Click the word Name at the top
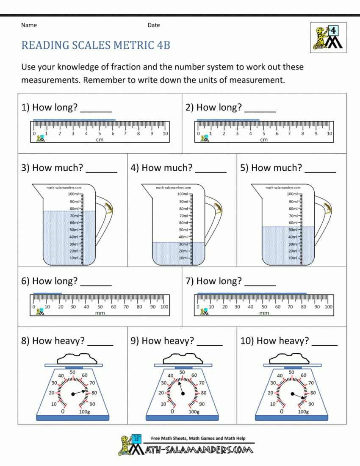pos(29,25)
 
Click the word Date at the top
pos(154,25)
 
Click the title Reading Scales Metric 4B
pos(96,45)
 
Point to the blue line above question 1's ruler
pos(75,120)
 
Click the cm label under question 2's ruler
pos(264,139)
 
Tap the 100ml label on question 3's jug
pos(74,194)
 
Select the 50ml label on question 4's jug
pos(183,230)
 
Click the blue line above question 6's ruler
pos(47,293)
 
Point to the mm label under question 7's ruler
pos(264,313)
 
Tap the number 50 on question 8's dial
pos(72,372)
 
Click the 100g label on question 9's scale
pos(194,411)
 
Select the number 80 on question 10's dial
pos(313,393)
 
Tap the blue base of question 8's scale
pos(73,418)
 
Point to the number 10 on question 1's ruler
pos(165,133)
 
